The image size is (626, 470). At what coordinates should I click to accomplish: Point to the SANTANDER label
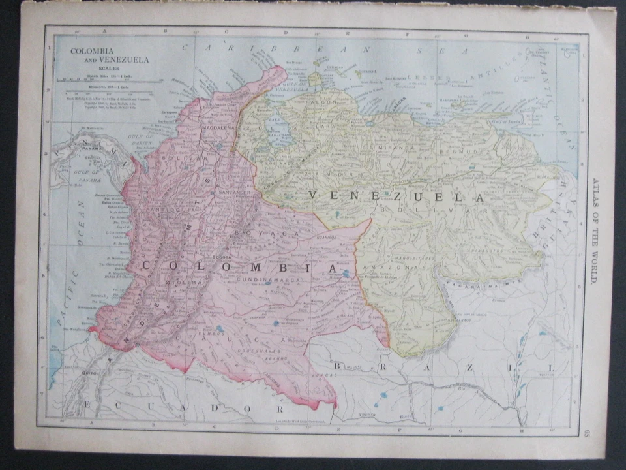pyautogui.click(x=235, y=193)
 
